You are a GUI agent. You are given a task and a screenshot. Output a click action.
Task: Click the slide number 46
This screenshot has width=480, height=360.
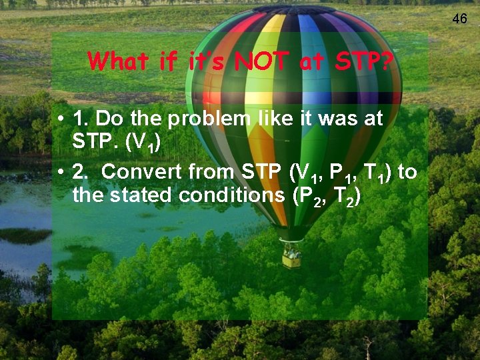coord(460,19)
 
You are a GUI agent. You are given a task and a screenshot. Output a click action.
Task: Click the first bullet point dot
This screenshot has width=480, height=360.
coord(60,120)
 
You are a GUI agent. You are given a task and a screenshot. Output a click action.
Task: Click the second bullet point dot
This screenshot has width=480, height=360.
coord(60,173)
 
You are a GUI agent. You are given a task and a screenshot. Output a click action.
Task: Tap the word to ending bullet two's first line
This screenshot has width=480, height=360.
coord(407,172)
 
